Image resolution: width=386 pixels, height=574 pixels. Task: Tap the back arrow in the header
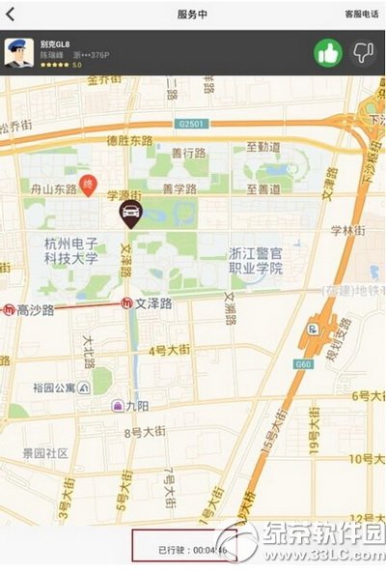(12, 14)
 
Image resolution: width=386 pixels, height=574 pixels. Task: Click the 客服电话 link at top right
(361, 14)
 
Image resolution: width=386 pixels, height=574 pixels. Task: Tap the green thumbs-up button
(328, 52)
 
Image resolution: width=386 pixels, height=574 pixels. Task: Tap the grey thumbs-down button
(363, 52)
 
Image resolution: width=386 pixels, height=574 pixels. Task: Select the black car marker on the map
(127, 214)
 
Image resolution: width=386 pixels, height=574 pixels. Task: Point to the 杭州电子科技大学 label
(70, 252)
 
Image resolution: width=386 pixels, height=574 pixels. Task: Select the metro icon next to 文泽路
(126, 302)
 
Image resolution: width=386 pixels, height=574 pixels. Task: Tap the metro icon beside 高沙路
(8, 310)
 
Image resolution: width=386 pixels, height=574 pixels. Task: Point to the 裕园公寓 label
(55, 388)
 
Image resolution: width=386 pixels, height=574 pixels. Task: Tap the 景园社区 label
(45, 451)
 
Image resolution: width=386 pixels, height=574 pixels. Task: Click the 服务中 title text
(193, 14)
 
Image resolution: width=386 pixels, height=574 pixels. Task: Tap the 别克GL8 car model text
(56, 44)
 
